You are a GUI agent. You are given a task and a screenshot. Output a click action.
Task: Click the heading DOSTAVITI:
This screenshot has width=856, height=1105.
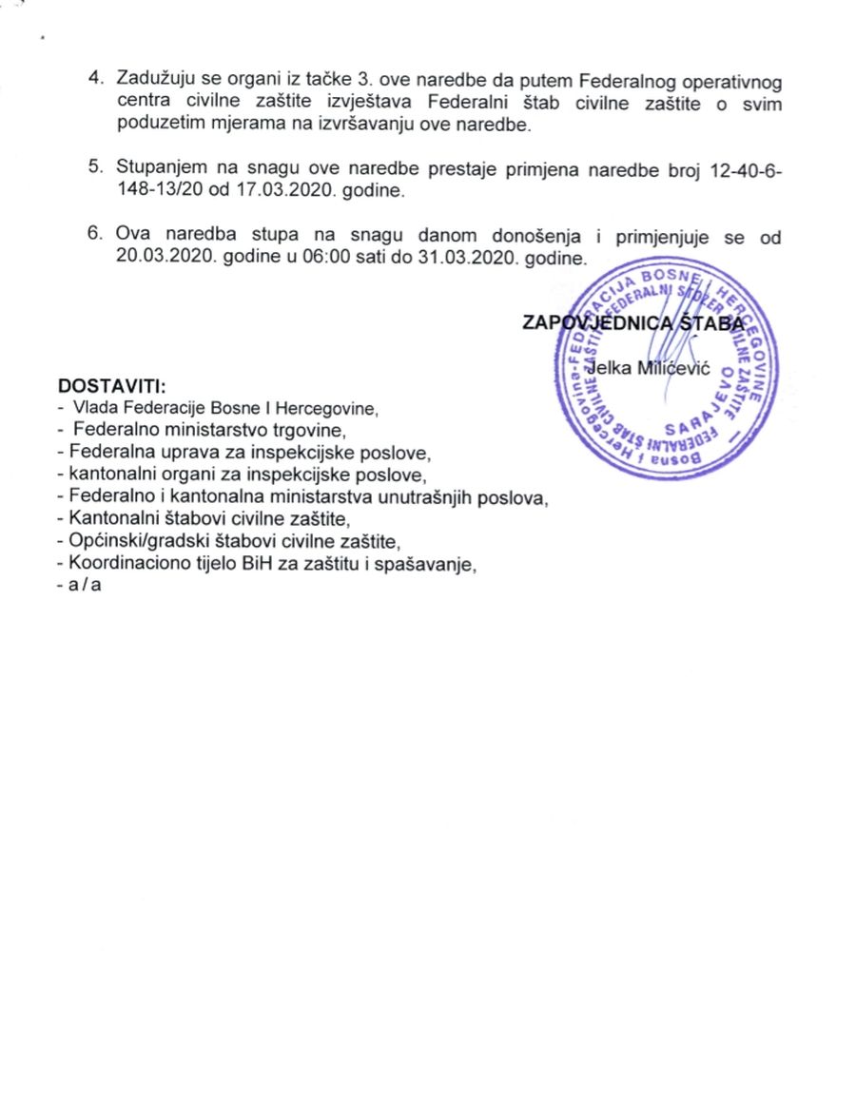pos(112,387)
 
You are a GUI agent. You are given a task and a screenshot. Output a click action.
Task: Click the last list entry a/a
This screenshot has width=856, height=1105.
pos(86,585)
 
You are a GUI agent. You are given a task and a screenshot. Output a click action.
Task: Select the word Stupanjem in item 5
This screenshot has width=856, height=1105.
pos(162,168)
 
